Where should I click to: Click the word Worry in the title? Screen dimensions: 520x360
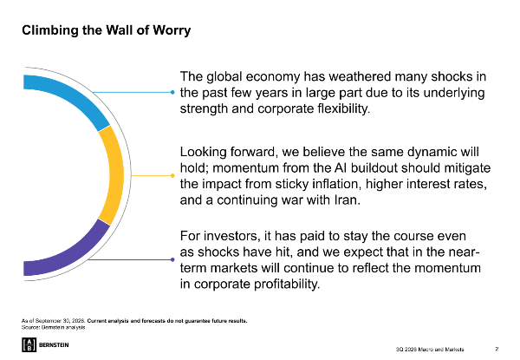pos(172,30)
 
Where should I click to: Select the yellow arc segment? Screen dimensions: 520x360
pos(114,175)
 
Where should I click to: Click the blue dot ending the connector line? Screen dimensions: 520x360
pos(172,92)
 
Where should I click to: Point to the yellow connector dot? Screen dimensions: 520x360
pos(172,175)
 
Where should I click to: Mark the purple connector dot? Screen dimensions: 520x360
pos(172,259)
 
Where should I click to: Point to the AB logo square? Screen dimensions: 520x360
pos(29,344)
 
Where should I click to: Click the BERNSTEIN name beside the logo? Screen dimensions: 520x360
pos(54,345)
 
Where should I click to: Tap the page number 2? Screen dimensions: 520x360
pos(497,349)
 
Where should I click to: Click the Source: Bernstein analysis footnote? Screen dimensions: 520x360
pos(54,328)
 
